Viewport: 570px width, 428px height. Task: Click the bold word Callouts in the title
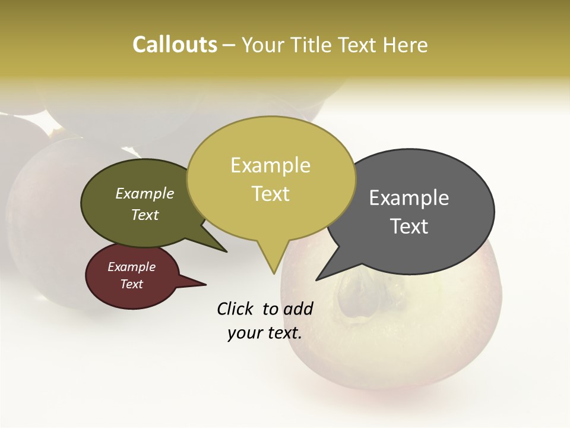175,45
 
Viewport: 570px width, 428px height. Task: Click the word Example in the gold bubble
270,165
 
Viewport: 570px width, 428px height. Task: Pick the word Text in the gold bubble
270,194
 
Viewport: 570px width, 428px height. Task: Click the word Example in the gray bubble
409,198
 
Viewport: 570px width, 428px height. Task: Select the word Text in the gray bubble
409,226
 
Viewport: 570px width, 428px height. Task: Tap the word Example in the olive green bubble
145,193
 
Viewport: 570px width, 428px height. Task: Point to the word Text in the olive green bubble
145,215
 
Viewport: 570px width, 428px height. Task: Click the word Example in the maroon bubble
131,267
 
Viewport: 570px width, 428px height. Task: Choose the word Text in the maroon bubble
131,284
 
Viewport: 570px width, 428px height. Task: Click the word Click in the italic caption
236,309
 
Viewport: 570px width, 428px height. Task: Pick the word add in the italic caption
298,309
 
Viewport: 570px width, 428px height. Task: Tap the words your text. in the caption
264,333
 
